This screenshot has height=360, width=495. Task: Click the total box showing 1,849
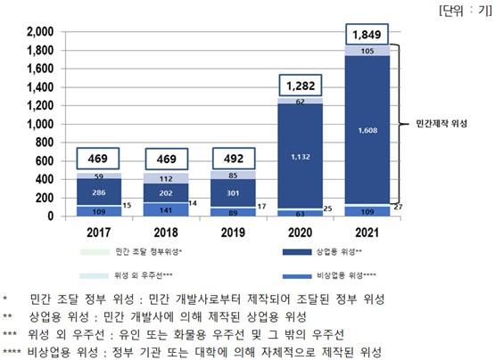pos(367,36)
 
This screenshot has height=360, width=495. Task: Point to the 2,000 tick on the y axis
pos(40,32)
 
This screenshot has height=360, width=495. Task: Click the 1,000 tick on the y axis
pos(40,124)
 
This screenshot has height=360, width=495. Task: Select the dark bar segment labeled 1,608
pos(367,130)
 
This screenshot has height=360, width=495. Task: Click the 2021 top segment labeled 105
pos(367,51)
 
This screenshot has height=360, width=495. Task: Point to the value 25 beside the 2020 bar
pos(327,209)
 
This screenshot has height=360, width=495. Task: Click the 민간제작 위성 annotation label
pos(451,124)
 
